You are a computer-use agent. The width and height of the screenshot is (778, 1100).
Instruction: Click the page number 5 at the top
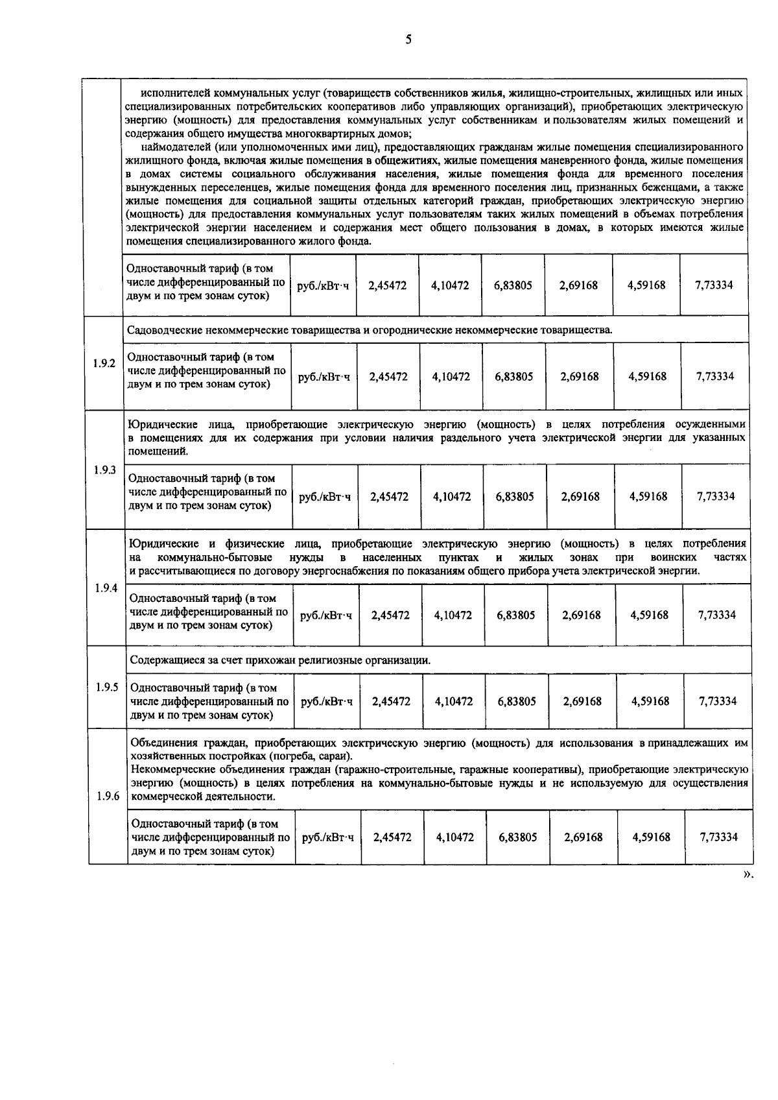coord(408,40)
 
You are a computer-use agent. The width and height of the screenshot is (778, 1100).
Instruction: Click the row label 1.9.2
coord(104,363)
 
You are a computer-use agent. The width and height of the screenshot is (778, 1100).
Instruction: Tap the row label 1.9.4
coord(106,588)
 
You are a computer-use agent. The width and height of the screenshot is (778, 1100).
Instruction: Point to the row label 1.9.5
coord(107,687)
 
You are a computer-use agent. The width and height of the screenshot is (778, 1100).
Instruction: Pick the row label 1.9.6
coord(108,796)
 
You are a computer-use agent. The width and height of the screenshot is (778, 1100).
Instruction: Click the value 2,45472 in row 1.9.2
coord(388,376)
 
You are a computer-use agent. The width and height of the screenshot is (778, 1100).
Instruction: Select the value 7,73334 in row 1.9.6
coord(719,837)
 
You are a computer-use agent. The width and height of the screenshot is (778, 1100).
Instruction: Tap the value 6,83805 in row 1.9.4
coord(516,615)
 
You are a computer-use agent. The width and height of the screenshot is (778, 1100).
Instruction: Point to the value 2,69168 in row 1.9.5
coord(582,701)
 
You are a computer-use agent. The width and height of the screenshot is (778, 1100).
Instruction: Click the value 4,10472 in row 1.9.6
coord(455,837)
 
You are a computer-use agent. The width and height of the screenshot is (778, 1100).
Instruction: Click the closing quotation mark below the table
coord(748,874)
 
